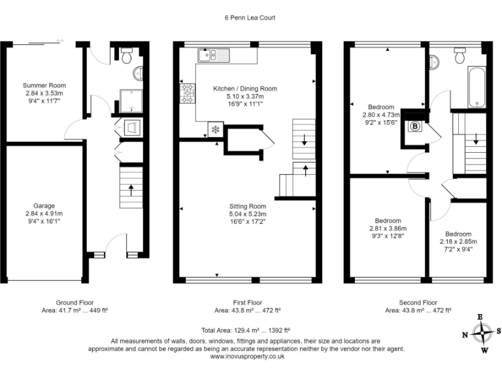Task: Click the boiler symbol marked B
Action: tap(414, 127)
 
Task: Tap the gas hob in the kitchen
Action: tap(188, 93)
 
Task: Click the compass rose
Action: tap(482, 334)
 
